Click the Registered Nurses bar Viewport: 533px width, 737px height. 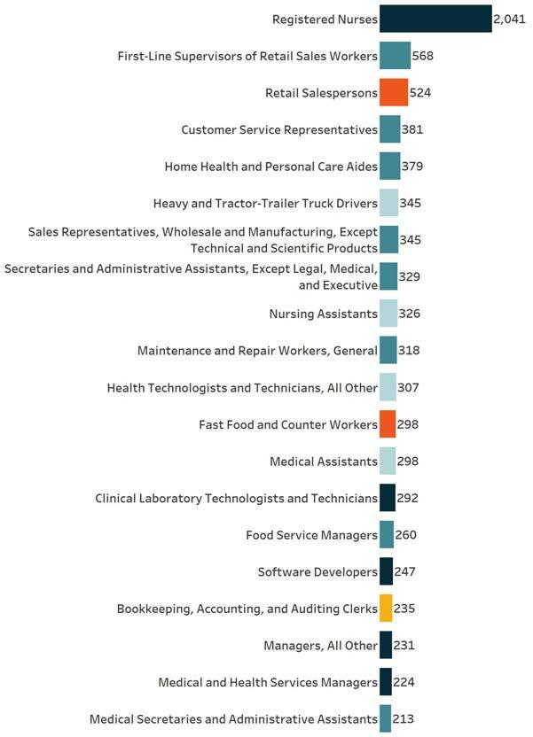[x=435, y=19]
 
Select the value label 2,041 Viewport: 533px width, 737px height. [x=509, y=19]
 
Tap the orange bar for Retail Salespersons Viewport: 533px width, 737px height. [x=393, y=92]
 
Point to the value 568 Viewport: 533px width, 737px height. [x=423, y=56]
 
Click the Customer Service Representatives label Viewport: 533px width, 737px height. [x=279, y=129]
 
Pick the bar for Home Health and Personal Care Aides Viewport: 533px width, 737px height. [x=389, y=167]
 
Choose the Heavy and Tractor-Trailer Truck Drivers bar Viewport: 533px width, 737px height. [x=388, y=203]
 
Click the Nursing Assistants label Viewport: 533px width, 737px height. [x=323, y=314]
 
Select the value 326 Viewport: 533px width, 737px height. [x=409, y=314]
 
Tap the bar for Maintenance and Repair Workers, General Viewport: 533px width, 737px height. [x=388, y=350]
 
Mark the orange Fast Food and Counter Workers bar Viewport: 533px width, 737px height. [x=387, y=424]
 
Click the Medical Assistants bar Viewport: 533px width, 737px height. [x=387, y=461]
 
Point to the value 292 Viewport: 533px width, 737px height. [x=408, y=498]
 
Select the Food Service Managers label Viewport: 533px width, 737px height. [x=311, y=535]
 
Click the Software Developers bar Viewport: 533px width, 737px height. [x=386, y=571]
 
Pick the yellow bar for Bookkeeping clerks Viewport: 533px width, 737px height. [x=386, y=609]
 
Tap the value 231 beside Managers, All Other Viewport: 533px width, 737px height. [x=404, y=646]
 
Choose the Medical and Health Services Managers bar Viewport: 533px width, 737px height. [x=385, y=682]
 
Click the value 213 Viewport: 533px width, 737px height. [x=403, y=719]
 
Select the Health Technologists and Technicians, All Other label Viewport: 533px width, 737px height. [x=242, y=387]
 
